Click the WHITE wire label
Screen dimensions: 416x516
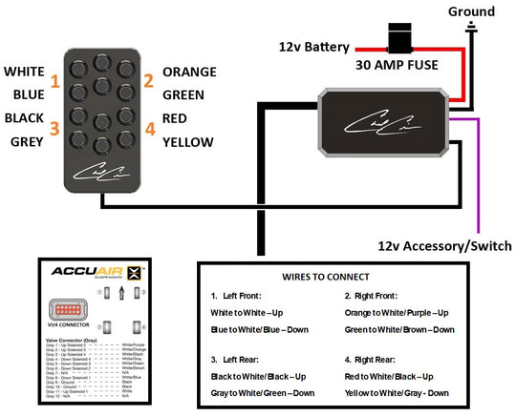click(x=23, y=72)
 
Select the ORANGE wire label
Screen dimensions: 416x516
click(x=189, y=72)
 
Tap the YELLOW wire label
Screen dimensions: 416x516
click(x=188, y=143)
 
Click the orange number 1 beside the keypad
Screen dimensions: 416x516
click(x=54, y=82)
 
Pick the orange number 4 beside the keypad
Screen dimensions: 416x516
click(x=149, y=129)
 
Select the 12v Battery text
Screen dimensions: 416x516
click(x=314, y=46)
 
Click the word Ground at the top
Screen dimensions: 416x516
click(x=471, y=11)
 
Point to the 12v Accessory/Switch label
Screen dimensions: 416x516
click(x=444, y=245)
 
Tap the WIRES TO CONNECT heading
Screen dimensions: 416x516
click(x=330, y=276)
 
